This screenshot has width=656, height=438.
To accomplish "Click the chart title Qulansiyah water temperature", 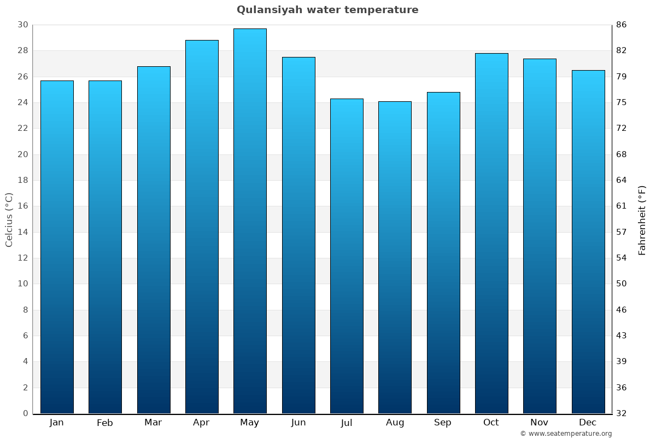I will [327, 10].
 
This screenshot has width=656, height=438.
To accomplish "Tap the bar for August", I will [395, 257].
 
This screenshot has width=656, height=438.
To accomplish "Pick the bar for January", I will [57, 247].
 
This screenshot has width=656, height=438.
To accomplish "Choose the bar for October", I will [491, 233].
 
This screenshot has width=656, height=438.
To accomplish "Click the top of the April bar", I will [202, 41].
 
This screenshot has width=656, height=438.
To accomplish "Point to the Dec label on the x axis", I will [588, 423].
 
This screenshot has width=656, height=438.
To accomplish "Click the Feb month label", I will [105, 423].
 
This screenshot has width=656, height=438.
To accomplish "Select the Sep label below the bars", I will [443, 423].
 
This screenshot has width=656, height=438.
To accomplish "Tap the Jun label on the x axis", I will [298, 423].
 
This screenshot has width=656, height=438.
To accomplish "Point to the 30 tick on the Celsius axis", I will [22, 25].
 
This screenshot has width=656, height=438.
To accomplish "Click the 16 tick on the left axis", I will [22, 206].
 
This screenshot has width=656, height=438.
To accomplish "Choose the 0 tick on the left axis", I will [25, 413].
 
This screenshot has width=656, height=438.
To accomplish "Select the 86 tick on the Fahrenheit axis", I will [622, 25].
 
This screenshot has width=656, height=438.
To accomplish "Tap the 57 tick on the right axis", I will [622, 232].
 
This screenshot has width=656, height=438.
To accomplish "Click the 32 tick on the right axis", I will [622, 413].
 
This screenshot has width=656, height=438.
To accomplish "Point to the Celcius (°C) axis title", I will [9, 220].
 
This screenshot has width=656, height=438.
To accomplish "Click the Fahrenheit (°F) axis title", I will [642, 220].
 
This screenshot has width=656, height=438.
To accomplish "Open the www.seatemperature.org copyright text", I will [566, 434].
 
